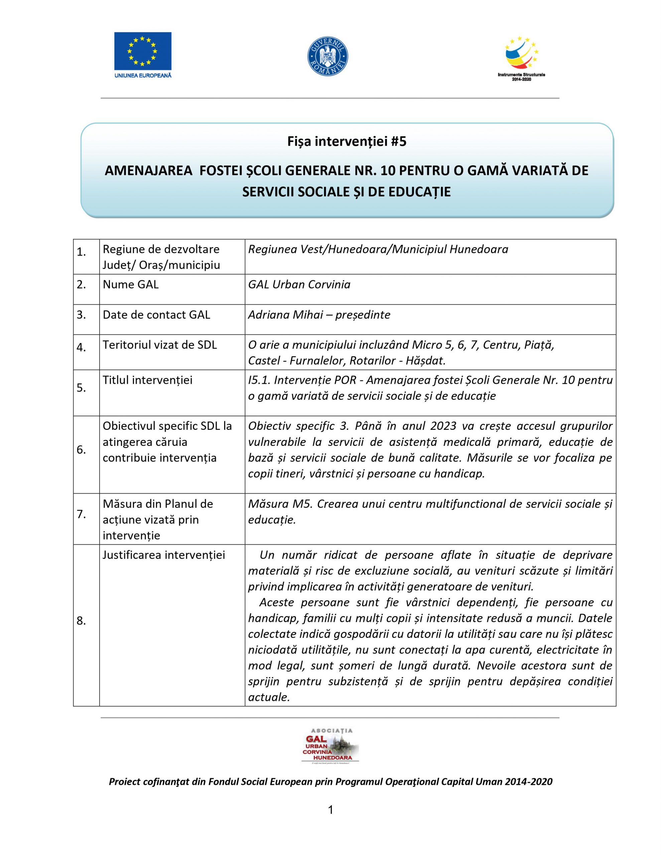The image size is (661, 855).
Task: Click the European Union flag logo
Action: coord(143,51)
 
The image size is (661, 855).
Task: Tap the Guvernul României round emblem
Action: coord(327,56)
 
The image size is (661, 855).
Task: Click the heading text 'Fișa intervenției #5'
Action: coord(347,141)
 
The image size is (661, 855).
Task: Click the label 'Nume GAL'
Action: coord(130,285)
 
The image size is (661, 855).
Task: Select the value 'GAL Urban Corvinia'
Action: coord(299,285)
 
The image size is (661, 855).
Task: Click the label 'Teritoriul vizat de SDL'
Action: coord(159,345)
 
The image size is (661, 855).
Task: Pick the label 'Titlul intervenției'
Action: coord(147,380)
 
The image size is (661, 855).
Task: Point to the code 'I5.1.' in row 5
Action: coord(259,380)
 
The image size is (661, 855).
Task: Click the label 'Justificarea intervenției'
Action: coord(164,555)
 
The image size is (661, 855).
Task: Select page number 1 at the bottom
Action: coord(330,810)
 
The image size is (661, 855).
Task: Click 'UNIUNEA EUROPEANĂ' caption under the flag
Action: coord(143,75)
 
